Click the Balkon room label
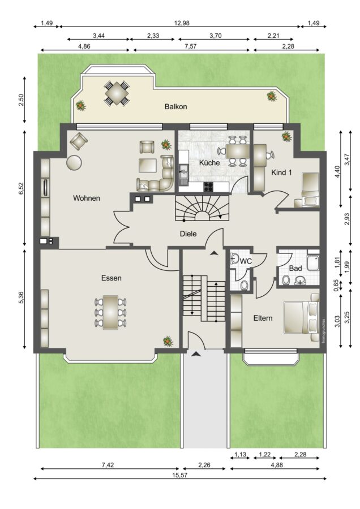(x=175, y=106)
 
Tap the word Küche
(x=209, y=163)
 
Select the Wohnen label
(x=87, y=198)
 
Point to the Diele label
(x=188, y=234)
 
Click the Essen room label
(x=111, y=278)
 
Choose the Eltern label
(x=263, y=318)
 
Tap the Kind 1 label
(x=281, y=172)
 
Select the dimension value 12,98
(x=182, y=23)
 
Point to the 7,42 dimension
(x=108, y=465)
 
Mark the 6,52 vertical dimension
(x=21, y=188)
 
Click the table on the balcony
(x=117, y=93)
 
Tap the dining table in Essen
(x=110, y=313)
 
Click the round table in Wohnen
(x=74, y=162)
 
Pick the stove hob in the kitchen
(x=208, y=187)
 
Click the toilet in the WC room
(x=245, y=285)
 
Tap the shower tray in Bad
(x=313, y=262)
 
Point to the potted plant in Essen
(x=168, y=341)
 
